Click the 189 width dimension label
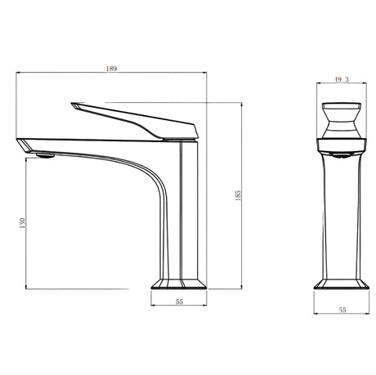111,69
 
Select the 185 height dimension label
238,195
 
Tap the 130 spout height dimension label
22,223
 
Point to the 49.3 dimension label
342,79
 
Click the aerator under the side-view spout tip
46,155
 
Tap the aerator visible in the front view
341,156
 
